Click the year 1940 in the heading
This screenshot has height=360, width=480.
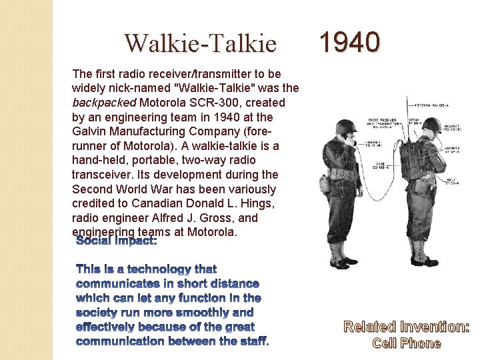coord(349,43)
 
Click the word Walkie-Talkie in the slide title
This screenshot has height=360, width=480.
coord(200,44)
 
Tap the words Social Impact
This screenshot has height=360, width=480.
coord(117,241)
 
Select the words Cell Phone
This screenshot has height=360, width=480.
coord(407,343)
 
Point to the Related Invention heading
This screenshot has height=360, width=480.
coord(407,327)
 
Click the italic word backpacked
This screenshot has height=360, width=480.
coord(103,103)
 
